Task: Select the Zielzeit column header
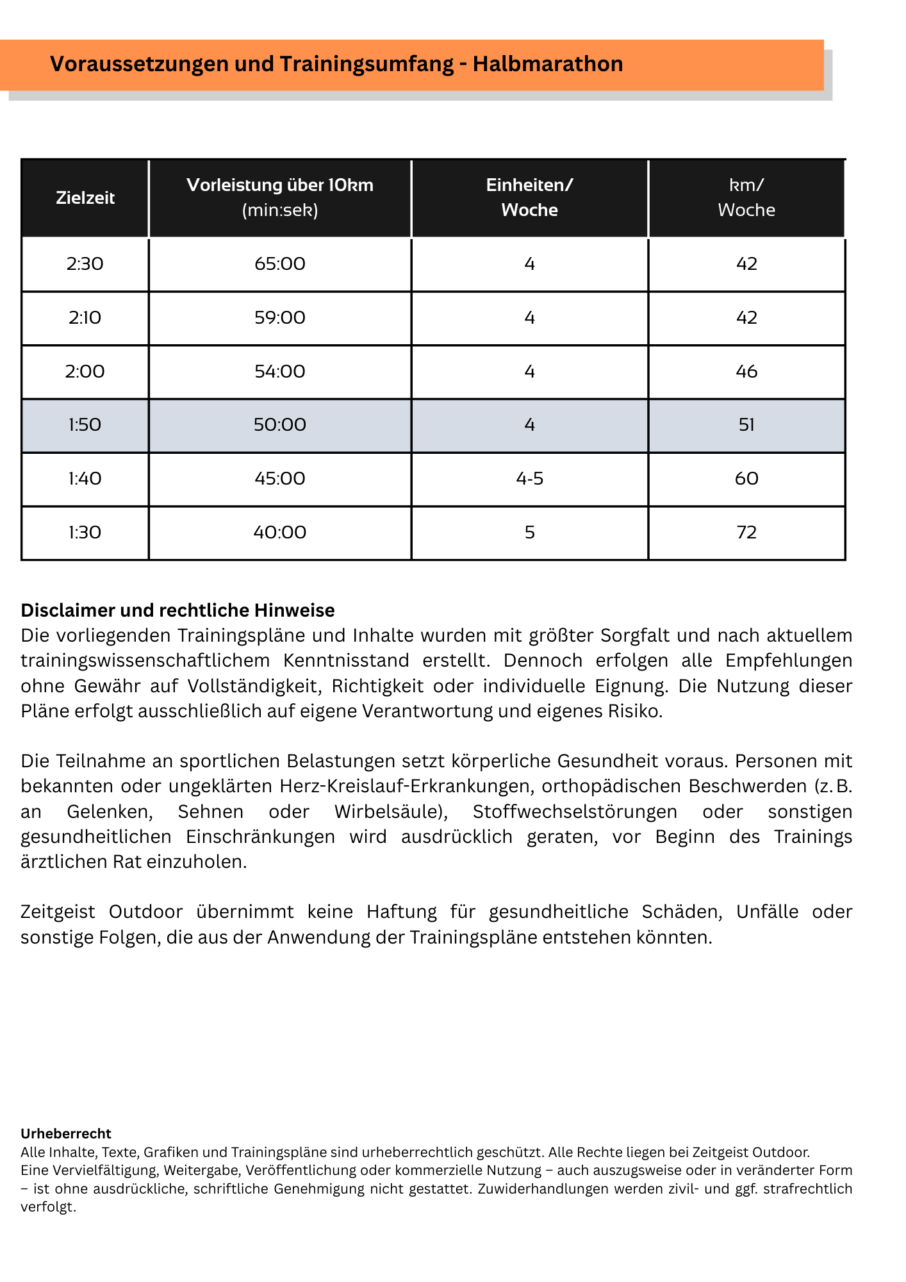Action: point(85,197)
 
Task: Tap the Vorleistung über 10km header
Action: point(280,197)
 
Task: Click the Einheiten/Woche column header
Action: point(529,197)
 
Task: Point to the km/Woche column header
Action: point(746,197)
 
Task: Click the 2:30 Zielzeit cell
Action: point(85,264)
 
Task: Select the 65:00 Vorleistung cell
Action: point(280,264)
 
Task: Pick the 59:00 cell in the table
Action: point(280,318)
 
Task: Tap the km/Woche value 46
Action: point(746,372)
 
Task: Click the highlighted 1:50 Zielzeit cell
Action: point(85,425)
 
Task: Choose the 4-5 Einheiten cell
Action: point(529,479)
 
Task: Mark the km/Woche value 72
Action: point(746,533)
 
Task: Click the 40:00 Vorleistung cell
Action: point(280,533)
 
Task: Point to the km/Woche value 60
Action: point(746,479)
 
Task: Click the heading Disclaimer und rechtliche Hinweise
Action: point(177,610)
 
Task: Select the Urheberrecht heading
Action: point(66,1133)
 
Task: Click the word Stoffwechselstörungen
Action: point(575,812)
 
